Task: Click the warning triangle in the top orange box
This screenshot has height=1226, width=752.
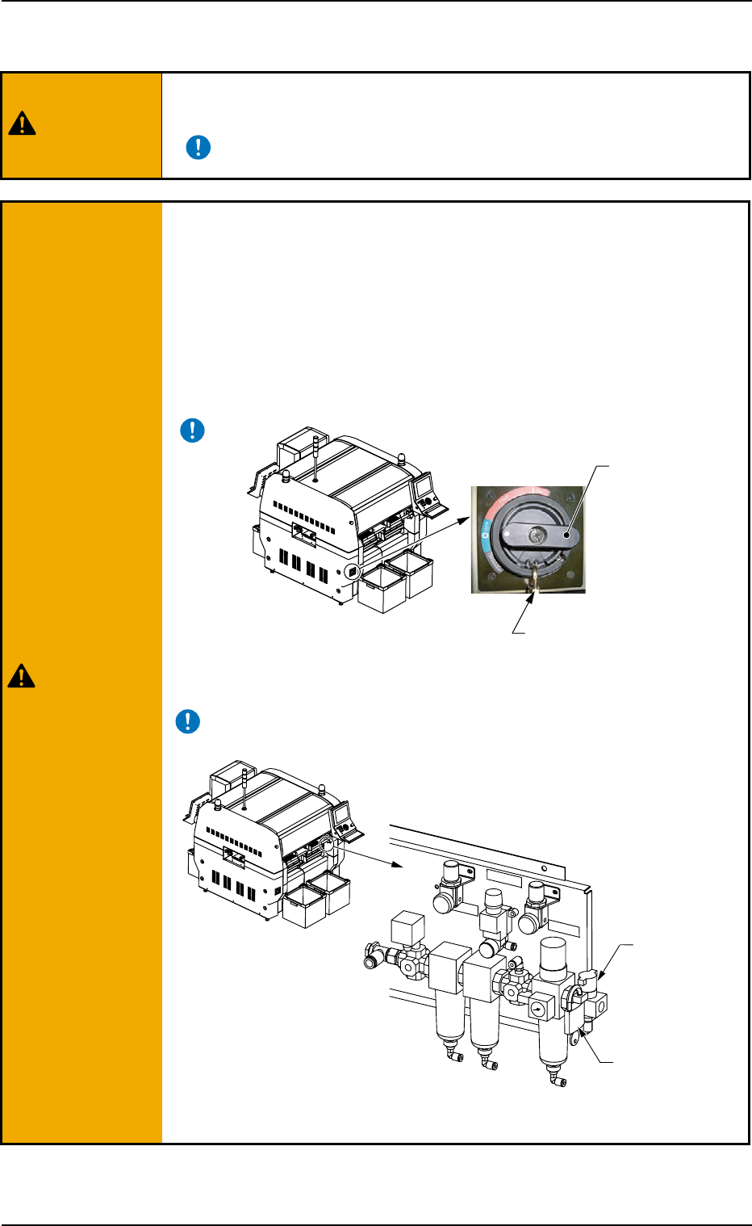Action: click(x=23, y=124)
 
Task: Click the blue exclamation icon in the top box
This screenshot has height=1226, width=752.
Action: click(x=198, y=147)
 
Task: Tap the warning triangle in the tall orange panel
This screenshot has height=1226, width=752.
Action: click(x=21, y=675)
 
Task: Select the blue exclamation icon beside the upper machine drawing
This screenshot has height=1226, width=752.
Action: click(x=192, y=430)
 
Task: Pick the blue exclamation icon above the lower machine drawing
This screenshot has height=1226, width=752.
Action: click(x=187, y=721)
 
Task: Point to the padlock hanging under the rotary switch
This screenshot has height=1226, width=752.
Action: click(x=533, y=583)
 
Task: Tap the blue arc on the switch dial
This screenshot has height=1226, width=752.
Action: click(x=486, y=536)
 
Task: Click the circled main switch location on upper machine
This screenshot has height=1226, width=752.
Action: click(x=352, y=572)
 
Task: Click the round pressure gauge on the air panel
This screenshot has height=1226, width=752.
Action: click(x=537, y=1009)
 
